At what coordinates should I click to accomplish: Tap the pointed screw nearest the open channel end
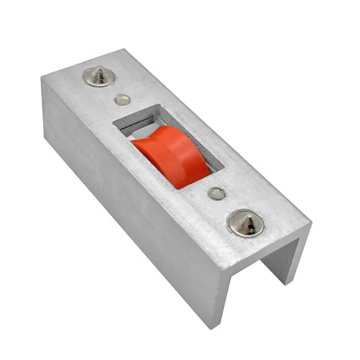coord(245,222)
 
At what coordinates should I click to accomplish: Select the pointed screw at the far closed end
coord(99,76)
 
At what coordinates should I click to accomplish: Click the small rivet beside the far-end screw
coord(122,100)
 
